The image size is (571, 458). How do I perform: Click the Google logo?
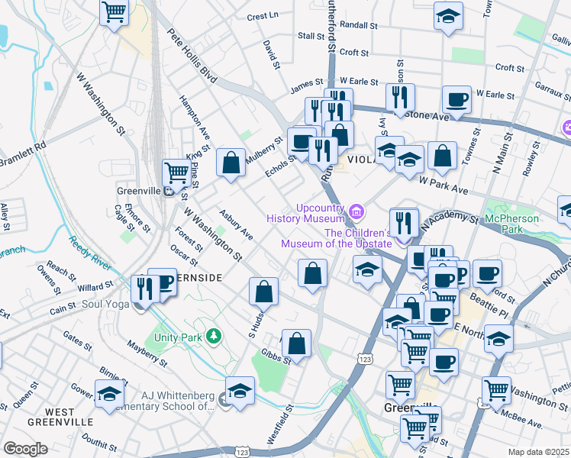(25, 449)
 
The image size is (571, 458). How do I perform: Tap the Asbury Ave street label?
(236, 222)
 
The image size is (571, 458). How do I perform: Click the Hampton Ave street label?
(194, 118)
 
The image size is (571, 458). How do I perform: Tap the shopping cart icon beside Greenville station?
(177, 173)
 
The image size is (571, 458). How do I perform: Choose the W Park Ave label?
(443, 187)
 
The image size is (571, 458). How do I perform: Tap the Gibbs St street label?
(276, 356)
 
